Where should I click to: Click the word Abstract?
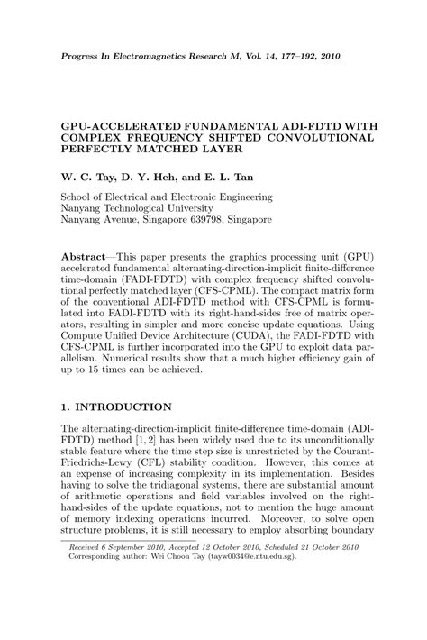pyautogui.click(x=86, y=256)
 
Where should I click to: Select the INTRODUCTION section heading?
pyautogui.click(x=128, y=407)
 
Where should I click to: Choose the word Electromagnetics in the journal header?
pyautogui.click(x=143, y=56)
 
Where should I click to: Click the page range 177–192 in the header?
pyautogui.click(x=296, y=56)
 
